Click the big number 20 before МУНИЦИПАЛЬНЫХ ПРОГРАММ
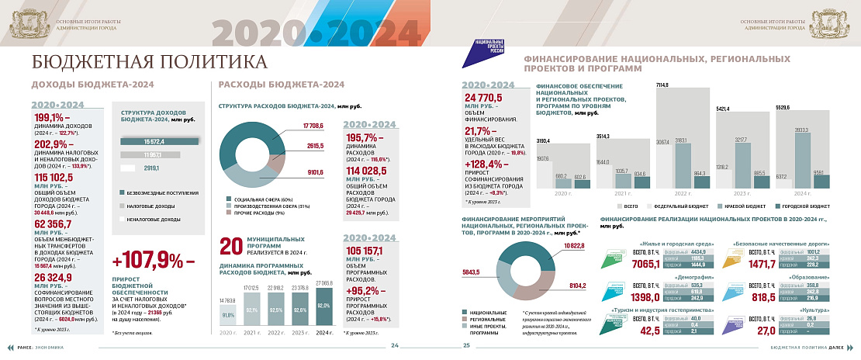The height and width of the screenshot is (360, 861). coord(232,247)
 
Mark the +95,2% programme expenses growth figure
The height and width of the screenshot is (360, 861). coord(367,292)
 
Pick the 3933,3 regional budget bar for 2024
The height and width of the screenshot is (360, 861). coord(799,159)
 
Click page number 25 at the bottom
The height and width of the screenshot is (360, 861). coord(467,345)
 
